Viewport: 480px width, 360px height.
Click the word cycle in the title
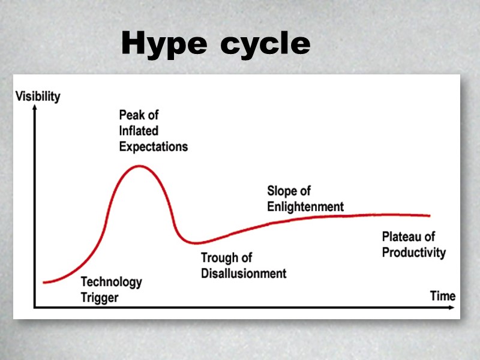coord(265,43)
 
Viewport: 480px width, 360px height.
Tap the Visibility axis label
coord(38,96)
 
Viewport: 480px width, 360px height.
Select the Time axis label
coord(443,296)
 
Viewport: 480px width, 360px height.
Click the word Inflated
coord(139,130)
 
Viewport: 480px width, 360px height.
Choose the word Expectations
coord(153,146)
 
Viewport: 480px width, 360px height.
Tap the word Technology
coord(111,281)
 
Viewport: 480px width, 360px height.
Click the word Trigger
coord(100,297)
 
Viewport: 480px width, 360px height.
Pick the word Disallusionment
coord(243,274)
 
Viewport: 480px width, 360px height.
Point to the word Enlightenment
coord(305,206)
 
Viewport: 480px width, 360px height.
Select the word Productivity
coord(413,252)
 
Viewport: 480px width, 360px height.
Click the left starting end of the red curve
coord(44,282)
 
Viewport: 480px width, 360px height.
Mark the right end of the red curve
coord(430,215)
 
